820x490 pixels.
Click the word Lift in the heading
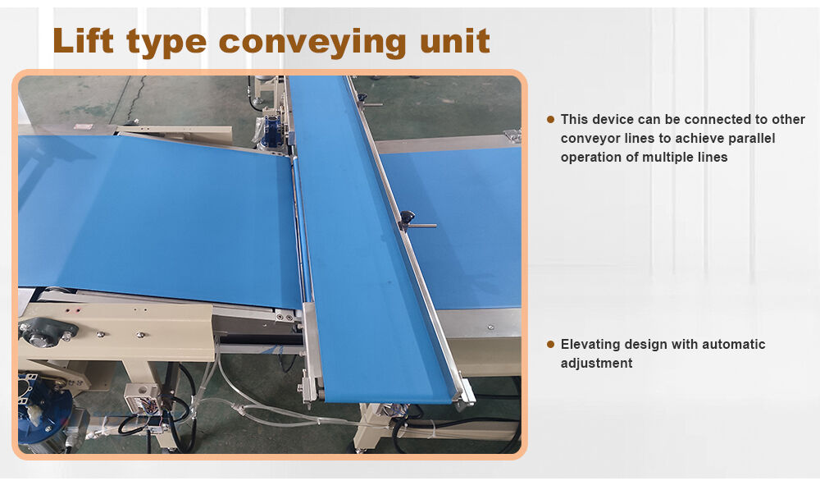coord(83,41)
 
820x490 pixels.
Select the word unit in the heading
coord(455,41)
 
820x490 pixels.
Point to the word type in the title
coord(166,44)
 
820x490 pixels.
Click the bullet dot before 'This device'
coord(550,119)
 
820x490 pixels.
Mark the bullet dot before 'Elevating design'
coord(550,345)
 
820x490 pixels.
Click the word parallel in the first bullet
coord(751,139)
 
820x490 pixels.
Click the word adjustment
coord(596,364)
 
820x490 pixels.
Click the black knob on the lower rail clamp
coord(407,217)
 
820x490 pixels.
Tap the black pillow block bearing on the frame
coord(48,332)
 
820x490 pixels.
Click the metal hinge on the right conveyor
coord(512,135)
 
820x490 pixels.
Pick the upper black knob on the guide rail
coord(362,98)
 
